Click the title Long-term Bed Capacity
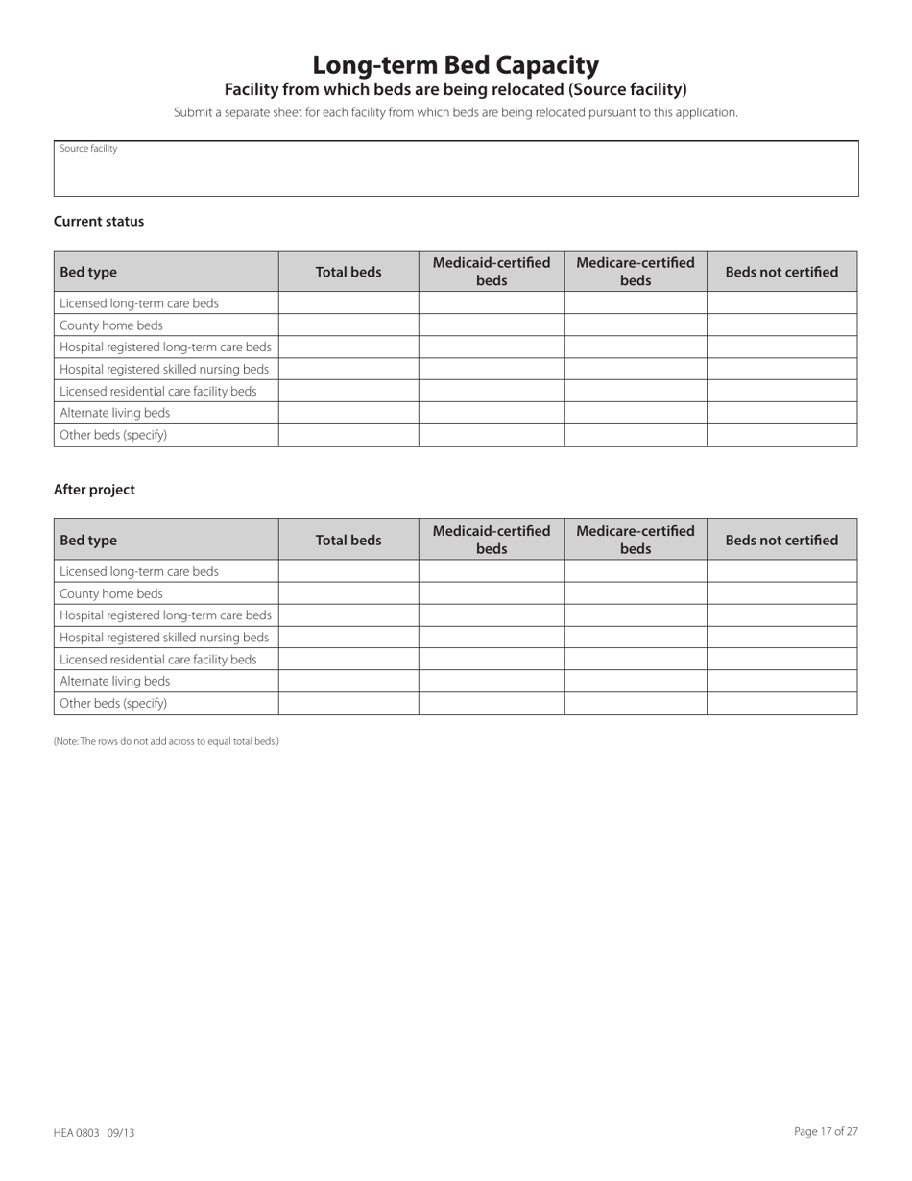[455, 65]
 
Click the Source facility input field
[456, 173]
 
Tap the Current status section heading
[99, 222]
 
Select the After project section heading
[94, 490]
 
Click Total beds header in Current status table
[348, 272]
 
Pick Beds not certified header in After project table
[781, 540]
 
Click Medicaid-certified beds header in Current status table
[492, 272]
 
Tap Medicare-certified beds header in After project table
[636, 540]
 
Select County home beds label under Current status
[111, 325]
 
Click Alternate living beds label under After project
[115, 681]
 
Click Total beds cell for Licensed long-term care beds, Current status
[348, 303]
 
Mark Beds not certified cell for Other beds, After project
[781, 703]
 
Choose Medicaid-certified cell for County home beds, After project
[492, 593]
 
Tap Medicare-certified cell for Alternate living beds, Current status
[636, 413]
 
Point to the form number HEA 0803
[94, 1133]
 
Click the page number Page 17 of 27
[826, 1132]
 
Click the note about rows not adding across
[166, 741]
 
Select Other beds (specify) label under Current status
[113, 435]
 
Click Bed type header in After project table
[88, 541]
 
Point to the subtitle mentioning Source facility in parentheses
[455, 90]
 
